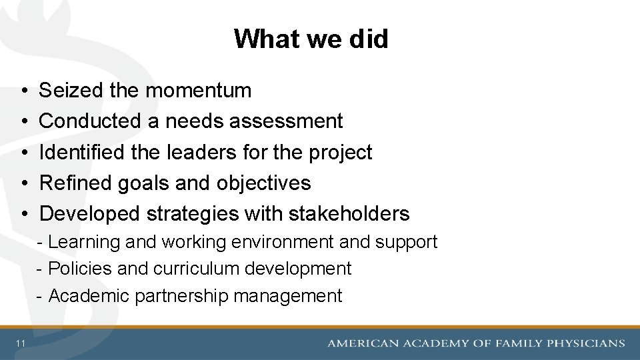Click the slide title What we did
[x=311, y=39]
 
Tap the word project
[x=341, y=153]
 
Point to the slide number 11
[x=21, y=343]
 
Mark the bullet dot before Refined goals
[x=23, y=183]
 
